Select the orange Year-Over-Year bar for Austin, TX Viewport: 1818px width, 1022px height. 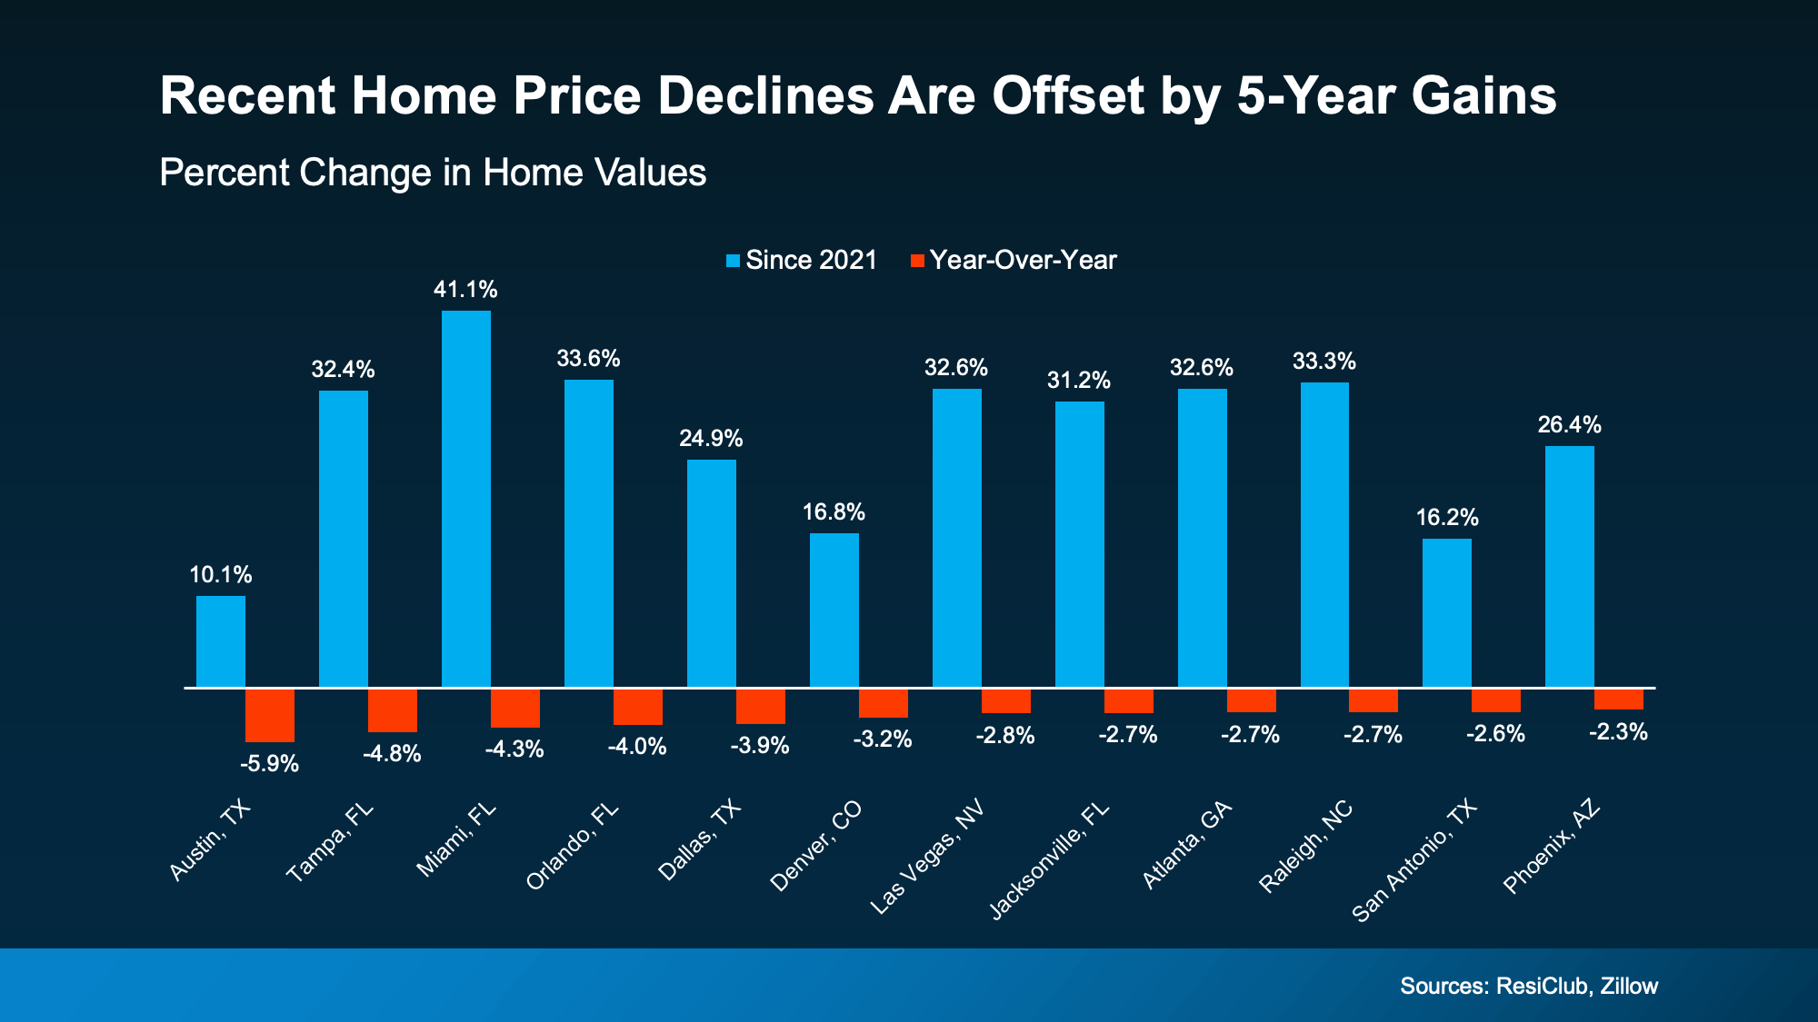coord(270,716)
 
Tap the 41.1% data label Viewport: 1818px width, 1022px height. coord(465,290)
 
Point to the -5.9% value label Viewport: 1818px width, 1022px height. coord(269,764)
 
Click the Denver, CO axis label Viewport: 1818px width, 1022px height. coord(815,847)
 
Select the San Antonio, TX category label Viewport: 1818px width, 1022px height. coord(1414,861)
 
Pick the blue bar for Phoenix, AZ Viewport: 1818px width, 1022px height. coord(1569,566)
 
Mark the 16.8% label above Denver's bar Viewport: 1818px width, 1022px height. coord(834,512)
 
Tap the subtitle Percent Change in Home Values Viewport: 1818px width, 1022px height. coord(433,173)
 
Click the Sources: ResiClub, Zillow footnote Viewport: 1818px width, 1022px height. coord(1529,986)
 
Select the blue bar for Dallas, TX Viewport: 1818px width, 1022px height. coord(711,573)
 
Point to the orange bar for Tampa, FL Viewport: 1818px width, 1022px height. coord(393,710)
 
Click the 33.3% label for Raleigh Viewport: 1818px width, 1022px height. coord(1324,362)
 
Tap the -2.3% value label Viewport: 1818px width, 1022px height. coord(1618,732)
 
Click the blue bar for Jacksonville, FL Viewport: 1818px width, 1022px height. coord(1079,544)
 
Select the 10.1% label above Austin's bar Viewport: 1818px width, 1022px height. coord(221,575)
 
